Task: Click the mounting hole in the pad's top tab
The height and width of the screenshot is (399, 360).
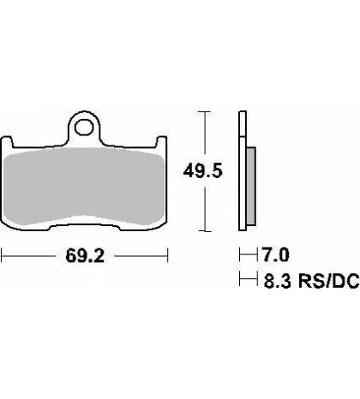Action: coord(84,128)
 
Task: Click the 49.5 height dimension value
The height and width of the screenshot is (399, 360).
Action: coord(202,171)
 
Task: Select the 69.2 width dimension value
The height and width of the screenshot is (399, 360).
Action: coord(85,256)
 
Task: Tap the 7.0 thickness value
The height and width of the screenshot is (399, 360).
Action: coord(276,254)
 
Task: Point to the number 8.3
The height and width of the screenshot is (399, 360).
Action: coord(273,281)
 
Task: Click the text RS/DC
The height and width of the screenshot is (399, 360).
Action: coord(328,281)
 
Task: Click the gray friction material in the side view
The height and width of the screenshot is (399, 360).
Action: coord(251,186)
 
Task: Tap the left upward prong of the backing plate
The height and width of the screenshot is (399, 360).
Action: coord(6,142)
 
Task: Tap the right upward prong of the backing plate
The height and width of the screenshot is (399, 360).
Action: coord(161,142)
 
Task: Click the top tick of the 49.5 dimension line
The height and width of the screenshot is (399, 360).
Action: coord(205,111)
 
